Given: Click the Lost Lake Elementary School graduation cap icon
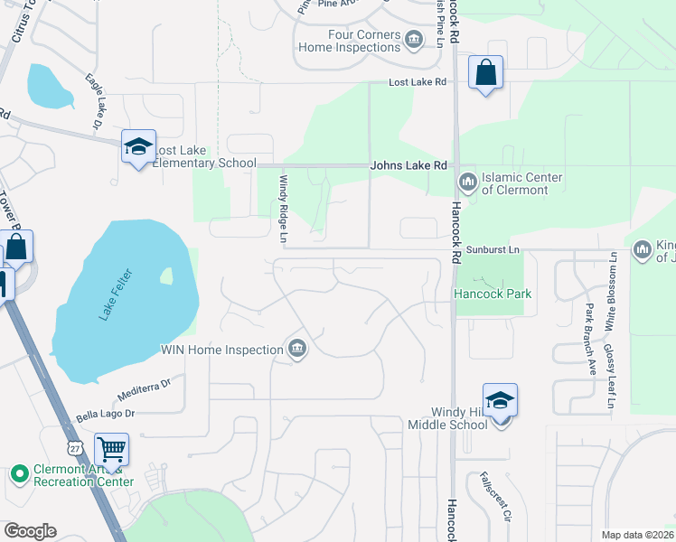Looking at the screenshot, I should [x=137, y=147].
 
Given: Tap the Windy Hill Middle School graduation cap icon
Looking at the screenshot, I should [x=500, y=400].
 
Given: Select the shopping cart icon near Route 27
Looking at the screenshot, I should [x=111, y=449].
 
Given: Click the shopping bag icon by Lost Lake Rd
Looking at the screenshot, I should [x=485, y=72].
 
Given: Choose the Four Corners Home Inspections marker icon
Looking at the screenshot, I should [x=414, y=39].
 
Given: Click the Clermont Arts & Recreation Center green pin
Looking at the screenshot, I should [x=19, y=473].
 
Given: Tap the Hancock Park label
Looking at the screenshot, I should [x=493, y=294].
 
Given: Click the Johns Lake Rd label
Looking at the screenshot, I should [x=408, y=165].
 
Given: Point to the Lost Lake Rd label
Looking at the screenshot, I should [x=418, y=82].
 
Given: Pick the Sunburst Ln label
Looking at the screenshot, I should [x=494, y=248].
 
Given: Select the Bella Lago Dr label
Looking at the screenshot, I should [x=105, y=414].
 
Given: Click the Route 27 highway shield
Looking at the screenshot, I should [x=74, y=447].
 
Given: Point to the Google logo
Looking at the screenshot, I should [x=30, y=531].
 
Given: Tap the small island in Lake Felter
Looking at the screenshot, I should [x=165, y=275].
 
